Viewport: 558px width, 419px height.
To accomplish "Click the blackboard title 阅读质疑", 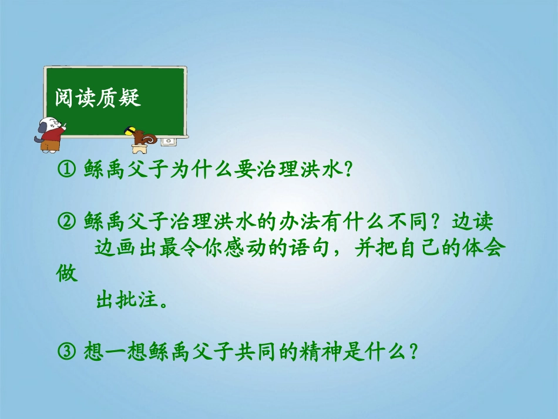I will coord(98,98).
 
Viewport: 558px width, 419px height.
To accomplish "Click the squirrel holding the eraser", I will coord(143,136).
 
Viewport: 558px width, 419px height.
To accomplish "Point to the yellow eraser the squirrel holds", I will coord(129,129).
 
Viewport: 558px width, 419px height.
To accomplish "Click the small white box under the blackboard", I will coord(169,141).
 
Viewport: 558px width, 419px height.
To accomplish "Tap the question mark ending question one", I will coord(347,170).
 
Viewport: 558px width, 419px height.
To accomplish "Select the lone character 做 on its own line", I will coord(68,274).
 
